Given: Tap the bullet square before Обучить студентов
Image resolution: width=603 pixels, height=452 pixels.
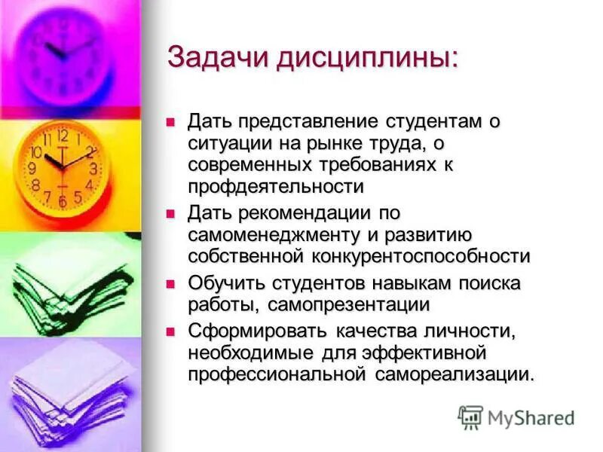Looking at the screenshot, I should point(171,284).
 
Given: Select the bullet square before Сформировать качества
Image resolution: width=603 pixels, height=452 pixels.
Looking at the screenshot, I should point(171,331).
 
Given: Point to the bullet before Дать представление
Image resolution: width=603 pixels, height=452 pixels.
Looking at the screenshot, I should point(171,121).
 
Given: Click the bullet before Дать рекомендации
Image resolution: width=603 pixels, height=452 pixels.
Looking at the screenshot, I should point(171,214).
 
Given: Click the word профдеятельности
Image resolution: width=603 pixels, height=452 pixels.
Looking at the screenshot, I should point(276,185).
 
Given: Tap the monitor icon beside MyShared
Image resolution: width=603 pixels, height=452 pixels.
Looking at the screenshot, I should point(470,417).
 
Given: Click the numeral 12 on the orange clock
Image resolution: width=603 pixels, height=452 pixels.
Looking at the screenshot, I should point(63,136).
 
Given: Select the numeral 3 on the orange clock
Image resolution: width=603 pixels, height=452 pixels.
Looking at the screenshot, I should point(93,168).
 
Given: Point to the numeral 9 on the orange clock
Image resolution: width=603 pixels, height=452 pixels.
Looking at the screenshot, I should point(33,168).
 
